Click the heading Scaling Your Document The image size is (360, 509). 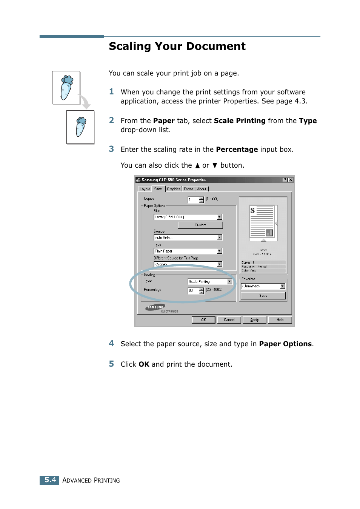coord(177,46)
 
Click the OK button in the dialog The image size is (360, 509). coord(203,320)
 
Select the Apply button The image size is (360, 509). coord(254,320)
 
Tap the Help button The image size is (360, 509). coord(280,320)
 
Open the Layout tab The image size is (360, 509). coord(145,189)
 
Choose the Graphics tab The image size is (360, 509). coord(174,189)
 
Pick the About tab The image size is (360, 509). coord(202,189)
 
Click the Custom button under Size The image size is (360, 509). coord(200,225)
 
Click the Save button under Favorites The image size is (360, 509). coord(263,296)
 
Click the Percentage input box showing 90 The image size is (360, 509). coord(193,290)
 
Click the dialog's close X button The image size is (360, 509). coord(291,180)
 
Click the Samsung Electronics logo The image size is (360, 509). coord(155,308)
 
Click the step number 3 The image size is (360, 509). coord(111,149)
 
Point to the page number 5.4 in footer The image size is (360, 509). coord(50,480)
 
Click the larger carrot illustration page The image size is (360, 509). coord(66,88)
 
